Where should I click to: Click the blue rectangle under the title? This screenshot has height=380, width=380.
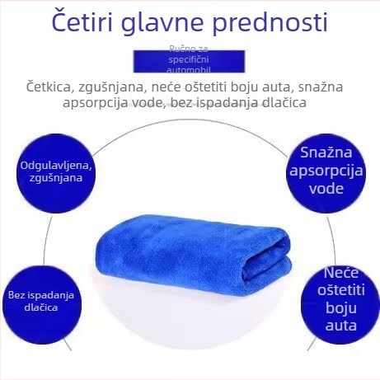190,61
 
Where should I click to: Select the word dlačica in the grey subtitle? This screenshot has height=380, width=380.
280,103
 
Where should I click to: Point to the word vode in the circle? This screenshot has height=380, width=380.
326,188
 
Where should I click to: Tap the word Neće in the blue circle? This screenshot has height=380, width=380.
340,272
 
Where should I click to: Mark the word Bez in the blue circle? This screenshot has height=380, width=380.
17,295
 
